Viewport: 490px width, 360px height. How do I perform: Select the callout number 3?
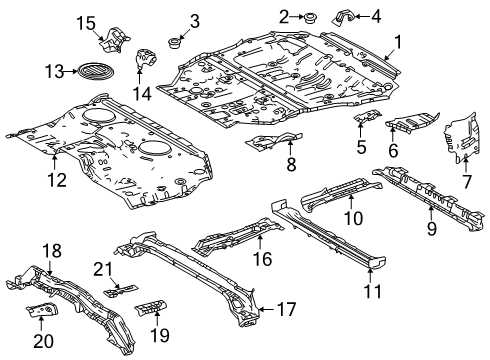pos(194,20)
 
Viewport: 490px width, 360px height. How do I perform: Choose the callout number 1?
pos(397,42)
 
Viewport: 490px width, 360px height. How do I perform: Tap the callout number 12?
pos(56,180)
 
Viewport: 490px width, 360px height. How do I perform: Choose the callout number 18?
pos(50,249)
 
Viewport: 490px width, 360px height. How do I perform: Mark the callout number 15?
pos(87,23)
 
